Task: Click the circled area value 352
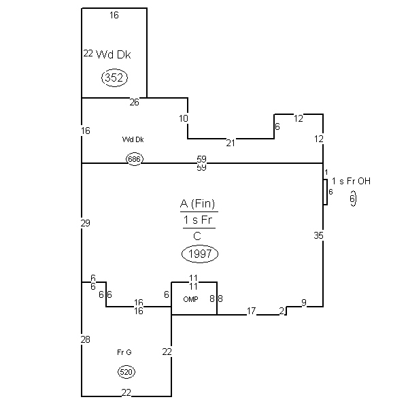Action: [114, 78]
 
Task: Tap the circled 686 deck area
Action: [134, 159]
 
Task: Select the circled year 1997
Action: [199, 254]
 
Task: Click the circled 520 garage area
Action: [126, 372]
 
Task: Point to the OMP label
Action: [190, 299]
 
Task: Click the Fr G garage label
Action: [124, 352]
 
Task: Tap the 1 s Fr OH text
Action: [352, 181]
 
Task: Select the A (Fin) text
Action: [199, 204]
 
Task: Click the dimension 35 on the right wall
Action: [319, 236]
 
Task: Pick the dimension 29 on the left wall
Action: [85, 223]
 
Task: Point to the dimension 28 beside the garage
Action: [85, 339]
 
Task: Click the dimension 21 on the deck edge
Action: [231, 143]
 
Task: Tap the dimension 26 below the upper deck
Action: [134, 103]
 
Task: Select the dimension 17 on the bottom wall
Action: [251, 311]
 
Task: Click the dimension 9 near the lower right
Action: [303, 303]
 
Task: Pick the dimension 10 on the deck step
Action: [184, 118]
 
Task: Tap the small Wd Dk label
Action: [133, 139]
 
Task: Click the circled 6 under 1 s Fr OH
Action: [353, 199]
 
